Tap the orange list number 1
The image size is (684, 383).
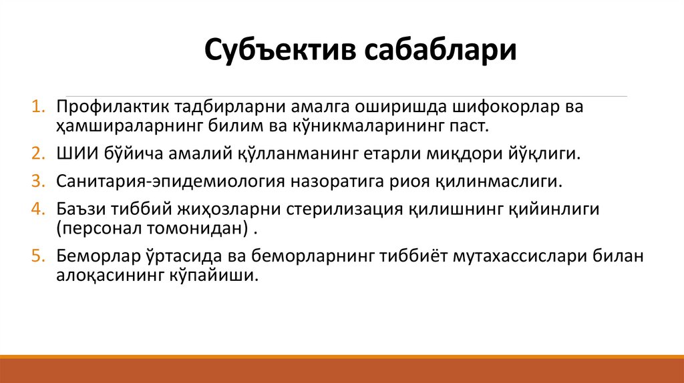coord(37,107)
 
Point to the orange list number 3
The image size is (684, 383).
coord(37,181)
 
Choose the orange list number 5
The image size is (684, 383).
coord(37,256)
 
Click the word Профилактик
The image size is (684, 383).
coord(111,107)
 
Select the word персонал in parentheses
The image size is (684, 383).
coord(100,228)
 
